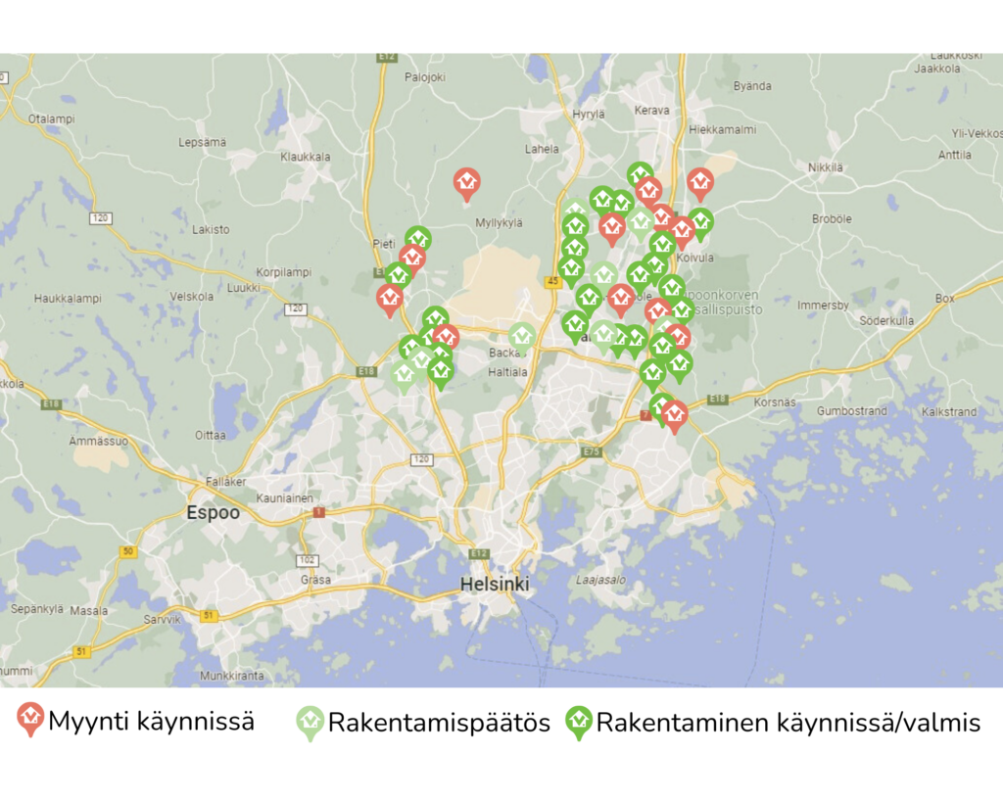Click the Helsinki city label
pyautogui.click(x=495, y=585)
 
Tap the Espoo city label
pyautogui.click(x=214, y=513)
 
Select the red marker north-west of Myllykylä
pyautogui.click(x=467, y=182)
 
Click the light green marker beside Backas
pyautogui.click(x=522, y=337)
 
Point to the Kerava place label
pyautogui.click(x=651, y=111)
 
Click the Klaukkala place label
pyautogui.click(x=305, y=157)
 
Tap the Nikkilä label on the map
pyautogui.click(x=826, y=167)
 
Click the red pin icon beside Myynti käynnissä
pyautogui.click(x=31, y=720)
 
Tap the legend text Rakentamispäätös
pyautogui.click(x=439, y=724)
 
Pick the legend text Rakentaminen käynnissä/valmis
pyautogui.click(x=788, y=724)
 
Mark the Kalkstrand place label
pyautogui.click(x=949, y=412)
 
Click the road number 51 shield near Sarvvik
pyautogui.click(x=208, y=615)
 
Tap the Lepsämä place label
pyautogui.click(x=203, y=142)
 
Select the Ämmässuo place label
pyautogui.click(x=99, y=441)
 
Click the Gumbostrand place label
pyautogui.click(x=852, y=411)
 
